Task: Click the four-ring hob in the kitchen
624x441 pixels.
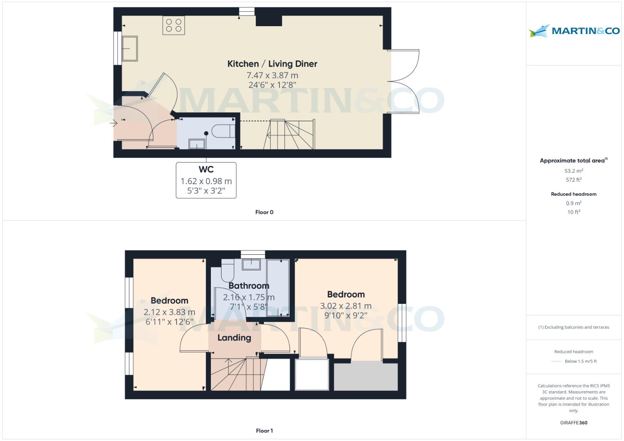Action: pos(173,25)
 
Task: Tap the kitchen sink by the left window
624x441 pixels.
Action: pos(130,49)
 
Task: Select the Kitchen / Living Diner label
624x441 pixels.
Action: pos(272,64)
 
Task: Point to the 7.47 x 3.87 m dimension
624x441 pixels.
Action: pos(272,76)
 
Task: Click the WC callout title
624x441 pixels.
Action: pos(206,169)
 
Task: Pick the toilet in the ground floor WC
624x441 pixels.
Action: pos(224,131)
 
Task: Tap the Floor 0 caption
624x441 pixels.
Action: pos(264,212)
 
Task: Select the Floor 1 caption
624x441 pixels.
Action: pos(264,431)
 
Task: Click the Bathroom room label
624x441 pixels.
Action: pos(248,286)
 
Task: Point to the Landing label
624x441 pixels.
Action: pos(234,338)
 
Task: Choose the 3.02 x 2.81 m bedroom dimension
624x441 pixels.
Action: pos(346,306)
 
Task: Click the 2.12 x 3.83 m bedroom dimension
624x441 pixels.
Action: pos(169,312)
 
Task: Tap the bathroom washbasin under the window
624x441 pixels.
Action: pos(251,264)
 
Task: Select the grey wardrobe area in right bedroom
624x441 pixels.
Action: pos(366,376)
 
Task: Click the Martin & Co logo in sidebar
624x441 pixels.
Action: pos(574,31)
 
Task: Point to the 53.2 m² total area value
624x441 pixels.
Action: pos(574,171)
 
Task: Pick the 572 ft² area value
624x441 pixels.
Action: pos(574,180)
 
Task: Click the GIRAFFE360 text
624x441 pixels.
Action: pos(574,423)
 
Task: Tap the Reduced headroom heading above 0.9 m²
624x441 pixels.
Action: pos(574,194)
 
